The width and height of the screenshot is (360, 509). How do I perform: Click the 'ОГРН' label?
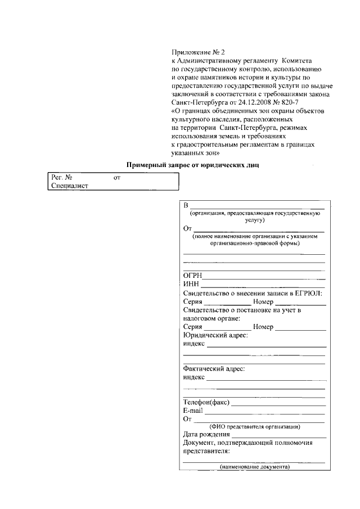click(192, 276)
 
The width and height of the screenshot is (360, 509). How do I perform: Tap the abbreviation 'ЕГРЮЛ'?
click(310, 293)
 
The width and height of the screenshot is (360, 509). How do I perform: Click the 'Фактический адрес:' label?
click(214, 369)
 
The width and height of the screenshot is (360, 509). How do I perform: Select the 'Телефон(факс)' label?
click(206, 402)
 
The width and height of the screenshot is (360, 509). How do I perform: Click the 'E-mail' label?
click(192, 411)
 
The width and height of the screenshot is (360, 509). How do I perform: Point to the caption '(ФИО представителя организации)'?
click(255, 426)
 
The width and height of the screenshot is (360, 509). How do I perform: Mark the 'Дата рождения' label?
click(206, 434)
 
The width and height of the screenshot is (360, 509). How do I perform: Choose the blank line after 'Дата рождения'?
click(279, 437)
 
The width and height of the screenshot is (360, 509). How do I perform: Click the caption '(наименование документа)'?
click(255, 467)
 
